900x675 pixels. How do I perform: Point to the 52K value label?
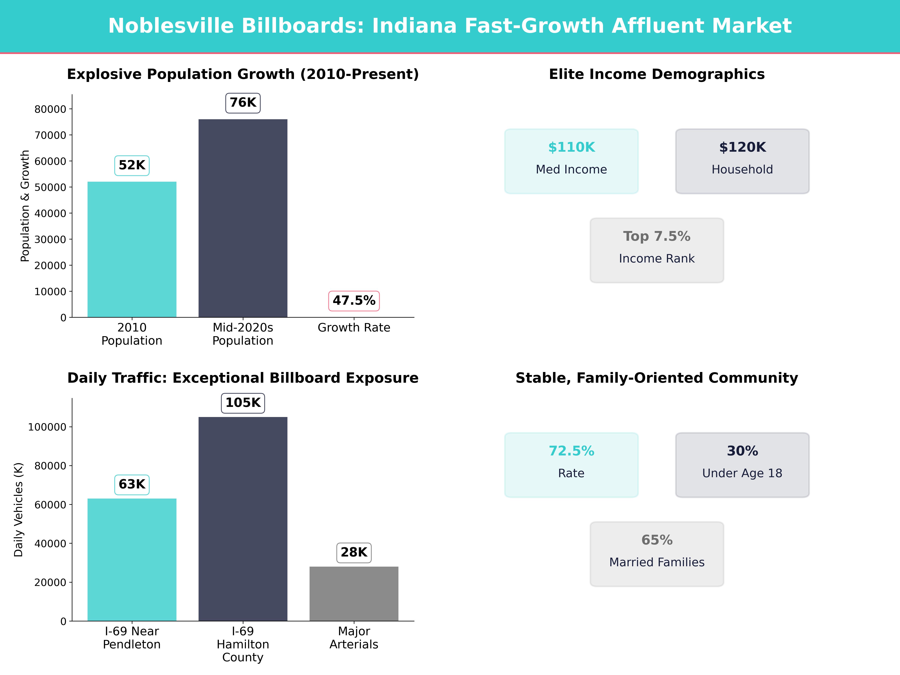132,165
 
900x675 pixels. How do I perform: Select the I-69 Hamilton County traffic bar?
243,519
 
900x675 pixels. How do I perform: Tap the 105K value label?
243,403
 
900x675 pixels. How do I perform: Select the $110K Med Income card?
571,161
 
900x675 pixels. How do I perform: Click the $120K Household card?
742,161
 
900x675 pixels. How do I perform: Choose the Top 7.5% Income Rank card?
657,250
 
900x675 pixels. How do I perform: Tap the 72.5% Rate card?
571,465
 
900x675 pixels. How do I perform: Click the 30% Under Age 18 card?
742,465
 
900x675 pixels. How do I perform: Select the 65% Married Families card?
657,554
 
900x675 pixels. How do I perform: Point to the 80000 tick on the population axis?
50,109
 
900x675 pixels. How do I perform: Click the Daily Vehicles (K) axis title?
18,509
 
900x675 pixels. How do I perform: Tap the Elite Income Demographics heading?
657,74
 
